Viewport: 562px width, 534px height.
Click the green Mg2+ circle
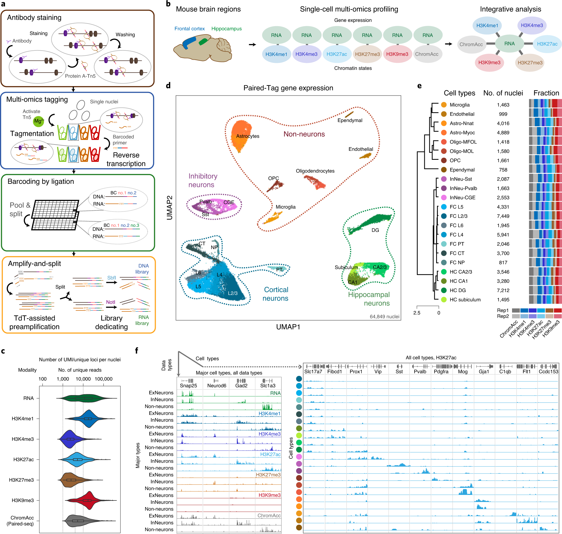click(x=38, y=121)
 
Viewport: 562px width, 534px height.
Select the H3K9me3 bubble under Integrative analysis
click(x=489, y=63)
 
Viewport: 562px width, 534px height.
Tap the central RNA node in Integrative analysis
click(x=509, y=44)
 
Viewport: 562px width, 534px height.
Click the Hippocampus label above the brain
click(x=226, y=29)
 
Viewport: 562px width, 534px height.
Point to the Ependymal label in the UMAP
click(x=349, y=120)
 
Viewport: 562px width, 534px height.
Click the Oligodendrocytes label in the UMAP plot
click(x=315, y=171)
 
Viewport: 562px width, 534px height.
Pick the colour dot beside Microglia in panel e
click(x=444, y=105)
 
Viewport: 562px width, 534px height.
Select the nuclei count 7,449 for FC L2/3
click(x=503, y=216)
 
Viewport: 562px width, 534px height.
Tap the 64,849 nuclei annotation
click(x=384, y=317)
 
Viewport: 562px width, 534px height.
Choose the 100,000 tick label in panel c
click(x=103, y=379)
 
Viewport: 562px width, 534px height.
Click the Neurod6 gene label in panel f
click(x=216, y=386)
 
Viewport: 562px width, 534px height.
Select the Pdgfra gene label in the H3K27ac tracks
click(x=441, y=372)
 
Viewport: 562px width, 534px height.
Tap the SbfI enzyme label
click(x=111, y=278)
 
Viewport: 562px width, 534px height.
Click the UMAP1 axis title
click(x=288, y=327)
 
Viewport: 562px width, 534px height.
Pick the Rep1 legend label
click(x=503, y=310)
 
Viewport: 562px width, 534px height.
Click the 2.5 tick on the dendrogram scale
click(x=416, y=312)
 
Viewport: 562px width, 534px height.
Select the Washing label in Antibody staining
click(x=125, y=34)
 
